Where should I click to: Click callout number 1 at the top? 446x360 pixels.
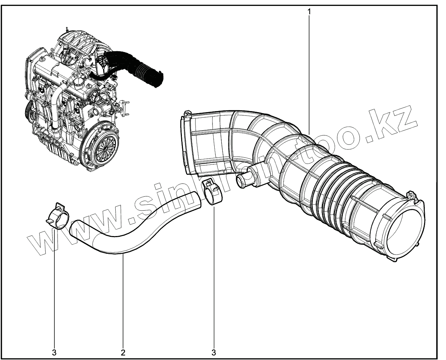coord(309,11)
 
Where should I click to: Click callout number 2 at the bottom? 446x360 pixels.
coord(123,352)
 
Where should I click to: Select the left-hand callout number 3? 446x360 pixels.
coord(54,352)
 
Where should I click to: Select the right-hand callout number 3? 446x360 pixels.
coord(214,352)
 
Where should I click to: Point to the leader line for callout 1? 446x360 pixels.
coord(309,70)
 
